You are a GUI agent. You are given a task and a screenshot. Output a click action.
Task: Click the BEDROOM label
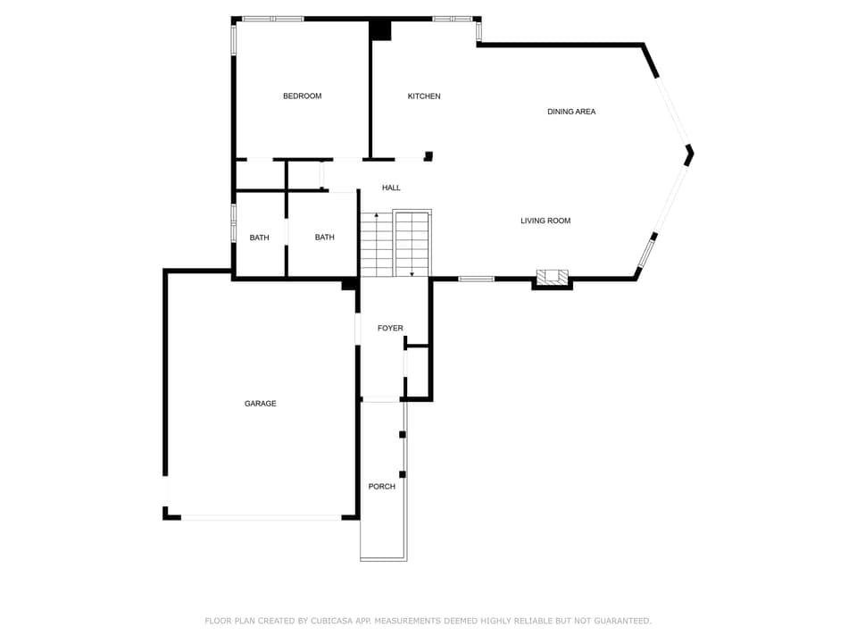[x=302, y=96]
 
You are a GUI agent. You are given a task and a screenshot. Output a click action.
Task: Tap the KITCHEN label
[x=424, y=96]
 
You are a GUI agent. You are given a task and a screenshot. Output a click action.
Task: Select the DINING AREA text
[x=571, y=112]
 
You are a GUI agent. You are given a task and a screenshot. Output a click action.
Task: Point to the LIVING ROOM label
[x=545, y=221]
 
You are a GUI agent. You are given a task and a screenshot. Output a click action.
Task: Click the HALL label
[x=391, y=188]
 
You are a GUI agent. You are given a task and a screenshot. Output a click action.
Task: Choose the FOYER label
[x=390, y=329]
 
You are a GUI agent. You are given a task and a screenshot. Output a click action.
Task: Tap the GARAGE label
[x=261, y=404]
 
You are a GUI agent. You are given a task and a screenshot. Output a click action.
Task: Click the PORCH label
[x=382, y=487]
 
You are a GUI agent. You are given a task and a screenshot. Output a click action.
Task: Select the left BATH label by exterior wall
[x=259, y=238]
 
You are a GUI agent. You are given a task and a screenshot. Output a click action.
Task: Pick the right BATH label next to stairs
[x=324, y=238]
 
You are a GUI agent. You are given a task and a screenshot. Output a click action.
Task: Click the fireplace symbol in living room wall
[x=553, y=278]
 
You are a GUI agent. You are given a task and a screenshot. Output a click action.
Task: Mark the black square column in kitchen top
[x=381, y=30]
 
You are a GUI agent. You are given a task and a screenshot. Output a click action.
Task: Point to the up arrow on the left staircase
[x=376, y=215]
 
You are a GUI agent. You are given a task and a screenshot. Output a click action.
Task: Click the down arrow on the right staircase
[x=412, y=272]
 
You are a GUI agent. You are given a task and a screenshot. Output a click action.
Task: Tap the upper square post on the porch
[x=403, y=434]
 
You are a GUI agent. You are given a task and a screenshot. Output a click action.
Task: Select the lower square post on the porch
[x=403, y=473]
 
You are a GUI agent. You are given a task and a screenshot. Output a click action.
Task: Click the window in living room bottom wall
[x=476, y=279]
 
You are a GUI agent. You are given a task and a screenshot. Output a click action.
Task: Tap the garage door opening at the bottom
[x=261, y=516]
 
